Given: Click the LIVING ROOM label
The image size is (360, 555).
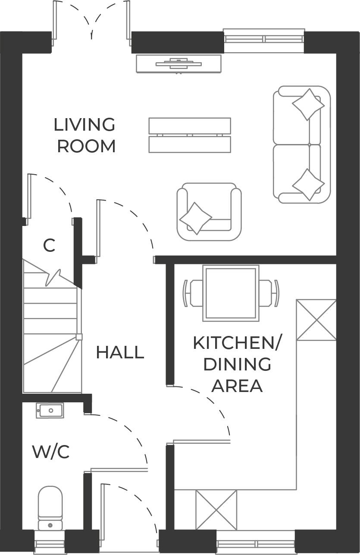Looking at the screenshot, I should click(x=85, y=135).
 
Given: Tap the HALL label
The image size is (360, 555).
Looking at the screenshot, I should click(x=119, y=352).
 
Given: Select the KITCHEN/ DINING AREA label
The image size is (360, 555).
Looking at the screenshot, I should click(x=237, y=364).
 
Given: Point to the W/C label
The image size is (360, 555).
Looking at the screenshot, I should click(x=51, y=452).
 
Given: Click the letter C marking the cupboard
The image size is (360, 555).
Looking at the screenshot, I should click(x=49, y=246).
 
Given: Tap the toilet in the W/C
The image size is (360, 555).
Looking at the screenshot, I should click(x=50, y=507).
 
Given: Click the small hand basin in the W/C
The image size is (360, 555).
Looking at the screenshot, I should click(x=50, y=411).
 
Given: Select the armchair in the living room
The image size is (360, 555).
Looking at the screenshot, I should click(x=209, y=211).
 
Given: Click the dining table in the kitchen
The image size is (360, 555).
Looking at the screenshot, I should click(x=231, y=293).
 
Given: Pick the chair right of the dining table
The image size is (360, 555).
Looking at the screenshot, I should click(x=269, y=293).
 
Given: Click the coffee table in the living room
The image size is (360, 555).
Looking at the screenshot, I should click(x=190, y=135).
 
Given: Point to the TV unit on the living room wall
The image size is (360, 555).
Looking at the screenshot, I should click(x=179, y=64).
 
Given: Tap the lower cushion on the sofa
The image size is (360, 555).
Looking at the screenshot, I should click(x=308, y=185).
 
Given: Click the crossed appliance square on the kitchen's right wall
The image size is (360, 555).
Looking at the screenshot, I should click(x=316, y=320).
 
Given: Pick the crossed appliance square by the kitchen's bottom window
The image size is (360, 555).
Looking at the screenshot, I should click(x=216, y=510).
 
